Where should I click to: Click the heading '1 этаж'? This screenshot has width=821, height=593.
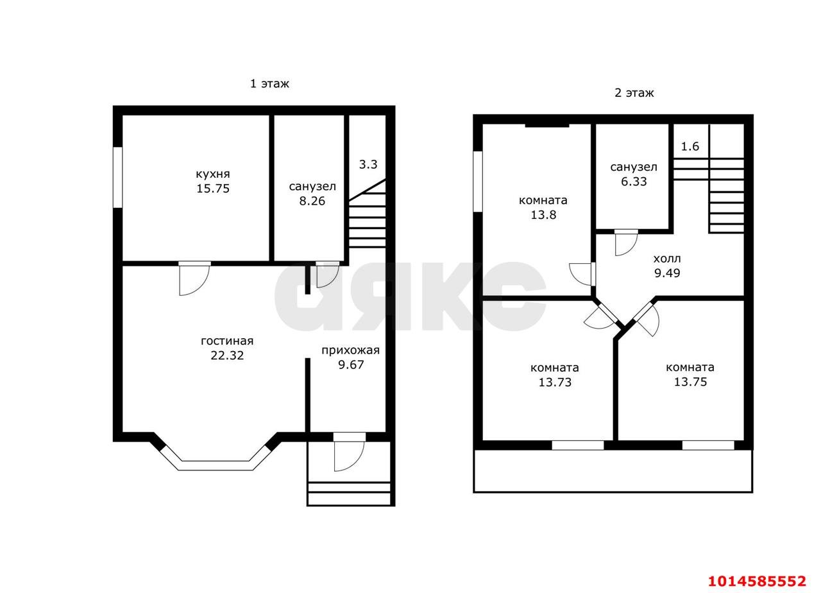(x=269, y=83)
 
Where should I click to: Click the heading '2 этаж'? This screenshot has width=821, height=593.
(x=634, y=93)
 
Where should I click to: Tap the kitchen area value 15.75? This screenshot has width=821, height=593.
(x=213, y=189)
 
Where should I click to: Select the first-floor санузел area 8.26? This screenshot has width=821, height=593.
(x=312, y=201)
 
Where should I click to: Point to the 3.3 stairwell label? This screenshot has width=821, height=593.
(x=368, y=164)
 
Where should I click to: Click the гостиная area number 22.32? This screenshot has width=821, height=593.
(x=227, y=356)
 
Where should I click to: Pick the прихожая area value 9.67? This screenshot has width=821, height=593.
(x=351, y=365)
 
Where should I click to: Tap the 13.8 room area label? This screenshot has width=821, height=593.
(x=543, y=215)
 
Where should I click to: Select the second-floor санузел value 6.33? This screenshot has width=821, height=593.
(x=634, y=182)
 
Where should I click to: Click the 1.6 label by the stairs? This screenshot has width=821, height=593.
(x=690, y=147)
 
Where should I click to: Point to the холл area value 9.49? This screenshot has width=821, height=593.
(x=667, y=273)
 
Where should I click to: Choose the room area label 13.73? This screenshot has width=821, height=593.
(x=555, y=382)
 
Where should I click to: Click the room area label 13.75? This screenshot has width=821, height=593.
(x=691, y=382)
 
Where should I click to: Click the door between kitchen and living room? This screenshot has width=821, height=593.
(x=194, y=278)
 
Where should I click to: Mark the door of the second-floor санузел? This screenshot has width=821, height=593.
(x=627, y=243)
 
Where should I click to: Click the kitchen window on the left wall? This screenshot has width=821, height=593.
(x=117, y=178)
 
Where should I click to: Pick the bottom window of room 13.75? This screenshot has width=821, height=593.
(x=707, y=445)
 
